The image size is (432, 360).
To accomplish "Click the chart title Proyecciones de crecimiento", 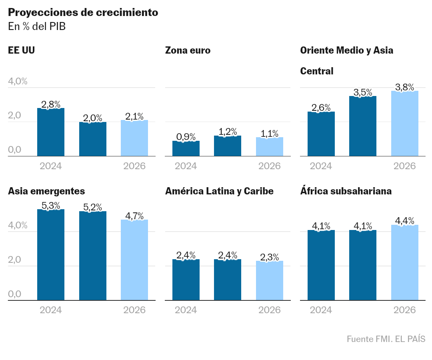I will (x=83, y=12).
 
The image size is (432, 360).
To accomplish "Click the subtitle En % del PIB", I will (x=37, y=26).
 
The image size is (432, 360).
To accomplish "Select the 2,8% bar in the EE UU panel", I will (x=51, y=132).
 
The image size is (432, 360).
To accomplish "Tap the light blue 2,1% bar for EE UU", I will (x=134, y=138).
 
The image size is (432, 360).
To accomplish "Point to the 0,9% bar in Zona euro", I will (x=186, y=148).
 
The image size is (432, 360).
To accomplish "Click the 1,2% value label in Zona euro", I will (x=228, y=132).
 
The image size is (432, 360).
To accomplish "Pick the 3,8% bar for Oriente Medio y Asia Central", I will (x=405, y=123).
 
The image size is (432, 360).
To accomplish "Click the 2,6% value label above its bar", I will (x=321, y=108).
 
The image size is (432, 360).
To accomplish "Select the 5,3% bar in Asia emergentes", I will (x=51, y=254).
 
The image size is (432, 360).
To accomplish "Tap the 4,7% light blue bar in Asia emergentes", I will (x=134, y=260).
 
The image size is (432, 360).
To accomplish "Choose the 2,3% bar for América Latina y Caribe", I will (x=270, y=280).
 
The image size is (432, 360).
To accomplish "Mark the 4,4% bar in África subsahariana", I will (x=405, y=262).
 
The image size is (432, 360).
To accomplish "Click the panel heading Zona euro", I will (x=188, y=50).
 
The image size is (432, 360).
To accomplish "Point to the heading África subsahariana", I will (x=346, y=191).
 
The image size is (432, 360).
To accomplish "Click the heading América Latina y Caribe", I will (x=219, y=191).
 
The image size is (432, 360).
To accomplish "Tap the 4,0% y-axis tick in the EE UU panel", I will (x=18, y=81).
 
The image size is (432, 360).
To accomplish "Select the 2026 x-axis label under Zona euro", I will (x=270, y=166).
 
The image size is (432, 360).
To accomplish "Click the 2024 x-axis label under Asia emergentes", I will (x=51, y=310).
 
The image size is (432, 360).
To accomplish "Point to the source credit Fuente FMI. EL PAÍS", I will (x=386, y=339).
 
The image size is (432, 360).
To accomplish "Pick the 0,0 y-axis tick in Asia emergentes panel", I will (x=14, y=294).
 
